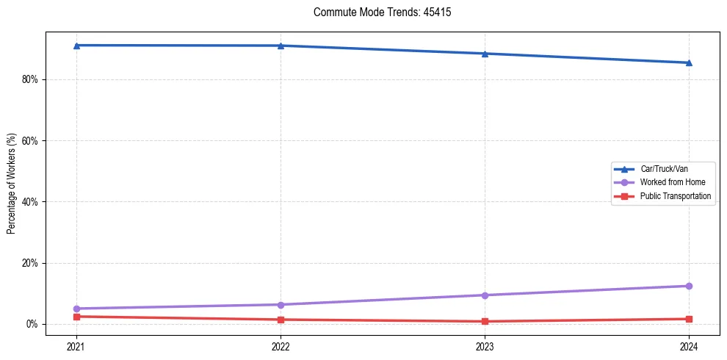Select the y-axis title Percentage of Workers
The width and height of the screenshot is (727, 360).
[x=11, y=184]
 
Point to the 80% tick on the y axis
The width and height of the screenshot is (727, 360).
[x=31, y=79]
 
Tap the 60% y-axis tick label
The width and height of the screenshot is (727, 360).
[x=31, y=140]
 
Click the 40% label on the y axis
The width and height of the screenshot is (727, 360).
[x=31, y=201]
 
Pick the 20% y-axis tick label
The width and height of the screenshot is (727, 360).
[x=31, y=263]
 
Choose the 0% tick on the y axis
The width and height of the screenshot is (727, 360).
[x=33, y=324]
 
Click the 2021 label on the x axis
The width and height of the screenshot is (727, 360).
[x=76, y=345]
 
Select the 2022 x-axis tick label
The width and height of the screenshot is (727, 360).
[x=281, y=345]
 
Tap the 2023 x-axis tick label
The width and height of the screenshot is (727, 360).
[x=485, y=345]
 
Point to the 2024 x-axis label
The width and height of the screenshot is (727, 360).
[x=689, y=345]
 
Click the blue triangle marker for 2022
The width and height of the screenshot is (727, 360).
[x=281, y=46]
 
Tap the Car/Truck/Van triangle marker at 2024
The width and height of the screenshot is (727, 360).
[x=689, y=62]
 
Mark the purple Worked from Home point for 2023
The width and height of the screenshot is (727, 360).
[x=485, y=295]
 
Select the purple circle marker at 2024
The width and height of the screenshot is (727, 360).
[x=689, y=286]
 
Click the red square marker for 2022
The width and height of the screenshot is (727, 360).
[x=281, y=320]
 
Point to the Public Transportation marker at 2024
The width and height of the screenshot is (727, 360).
[x=689, y=319]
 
